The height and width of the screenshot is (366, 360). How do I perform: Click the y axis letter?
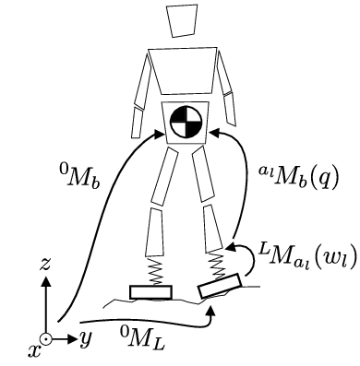coord(85,338)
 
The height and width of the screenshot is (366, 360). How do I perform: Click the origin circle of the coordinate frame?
coord(43,337)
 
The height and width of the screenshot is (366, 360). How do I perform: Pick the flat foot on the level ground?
coord(150,292)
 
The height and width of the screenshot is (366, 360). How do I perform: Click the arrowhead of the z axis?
coord(42,278)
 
